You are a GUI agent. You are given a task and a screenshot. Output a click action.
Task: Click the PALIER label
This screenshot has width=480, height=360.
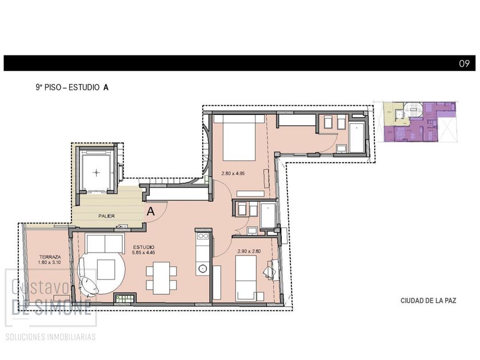point(106,216)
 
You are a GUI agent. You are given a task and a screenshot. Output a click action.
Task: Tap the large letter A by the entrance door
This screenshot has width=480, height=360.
point(151,211)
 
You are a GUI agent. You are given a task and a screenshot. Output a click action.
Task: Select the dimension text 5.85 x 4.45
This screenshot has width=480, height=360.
point(143,253)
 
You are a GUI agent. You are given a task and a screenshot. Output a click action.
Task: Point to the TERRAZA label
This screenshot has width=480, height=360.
point(50,257)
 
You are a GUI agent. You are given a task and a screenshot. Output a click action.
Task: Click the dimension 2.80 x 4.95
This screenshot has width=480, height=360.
point(233,173)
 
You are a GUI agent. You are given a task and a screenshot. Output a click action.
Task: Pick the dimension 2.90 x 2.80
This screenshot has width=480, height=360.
point(249,251)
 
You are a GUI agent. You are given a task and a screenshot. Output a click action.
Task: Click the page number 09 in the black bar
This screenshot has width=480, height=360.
point(464,63)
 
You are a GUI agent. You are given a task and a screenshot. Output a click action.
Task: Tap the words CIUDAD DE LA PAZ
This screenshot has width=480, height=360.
point(428,301)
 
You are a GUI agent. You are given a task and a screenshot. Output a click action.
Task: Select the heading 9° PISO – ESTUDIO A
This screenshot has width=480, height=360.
point(72,87)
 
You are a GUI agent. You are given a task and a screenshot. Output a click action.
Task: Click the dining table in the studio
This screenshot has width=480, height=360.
point(161,278)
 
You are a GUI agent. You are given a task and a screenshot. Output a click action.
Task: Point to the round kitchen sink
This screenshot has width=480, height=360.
point(202,269)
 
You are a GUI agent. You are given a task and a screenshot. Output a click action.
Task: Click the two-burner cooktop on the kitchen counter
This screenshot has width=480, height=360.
point(203,235)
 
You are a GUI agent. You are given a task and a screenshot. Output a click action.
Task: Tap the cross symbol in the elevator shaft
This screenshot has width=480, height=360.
point(97,173)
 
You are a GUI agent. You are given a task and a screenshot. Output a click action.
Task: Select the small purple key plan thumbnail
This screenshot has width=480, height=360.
point(420,122)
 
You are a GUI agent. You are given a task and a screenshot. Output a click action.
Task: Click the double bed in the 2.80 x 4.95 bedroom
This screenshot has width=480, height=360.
point(239,138)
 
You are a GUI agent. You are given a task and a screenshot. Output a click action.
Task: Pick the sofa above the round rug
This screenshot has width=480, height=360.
point(105,243)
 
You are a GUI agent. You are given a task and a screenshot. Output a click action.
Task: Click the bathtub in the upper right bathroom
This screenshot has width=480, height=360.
point(357,138)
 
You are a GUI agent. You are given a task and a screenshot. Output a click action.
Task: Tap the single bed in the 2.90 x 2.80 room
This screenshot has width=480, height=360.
point(246,278)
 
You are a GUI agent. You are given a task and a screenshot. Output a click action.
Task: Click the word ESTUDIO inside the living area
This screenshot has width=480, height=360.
point(144,247)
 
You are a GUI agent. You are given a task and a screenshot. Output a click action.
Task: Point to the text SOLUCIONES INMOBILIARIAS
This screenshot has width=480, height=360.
point(51,337)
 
